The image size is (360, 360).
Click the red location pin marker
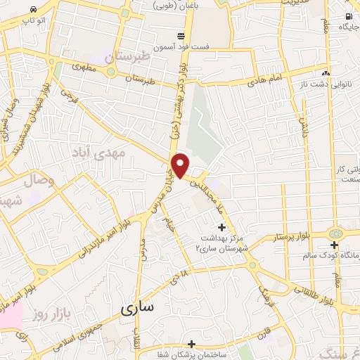[181, 165]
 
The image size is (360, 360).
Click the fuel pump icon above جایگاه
[349, 15]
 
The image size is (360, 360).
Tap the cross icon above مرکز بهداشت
[222, 227]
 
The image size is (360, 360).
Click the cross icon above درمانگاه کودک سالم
[335, 244]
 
